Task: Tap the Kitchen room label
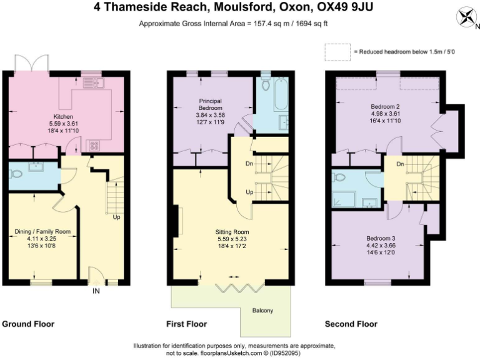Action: tap(63, 117)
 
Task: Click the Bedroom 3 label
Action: tap(380, 239)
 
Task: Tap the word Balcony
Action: tap(262, 311)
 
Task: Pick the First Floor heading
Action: tap(187, 324)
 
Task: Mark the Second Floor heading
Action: tap(351, 324)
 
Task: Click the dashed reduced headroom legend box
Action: tap(337, 51)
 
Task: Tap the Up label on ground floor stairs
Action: tap(116, 218)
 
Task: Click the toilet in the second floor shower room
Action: tap(341, 177)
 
